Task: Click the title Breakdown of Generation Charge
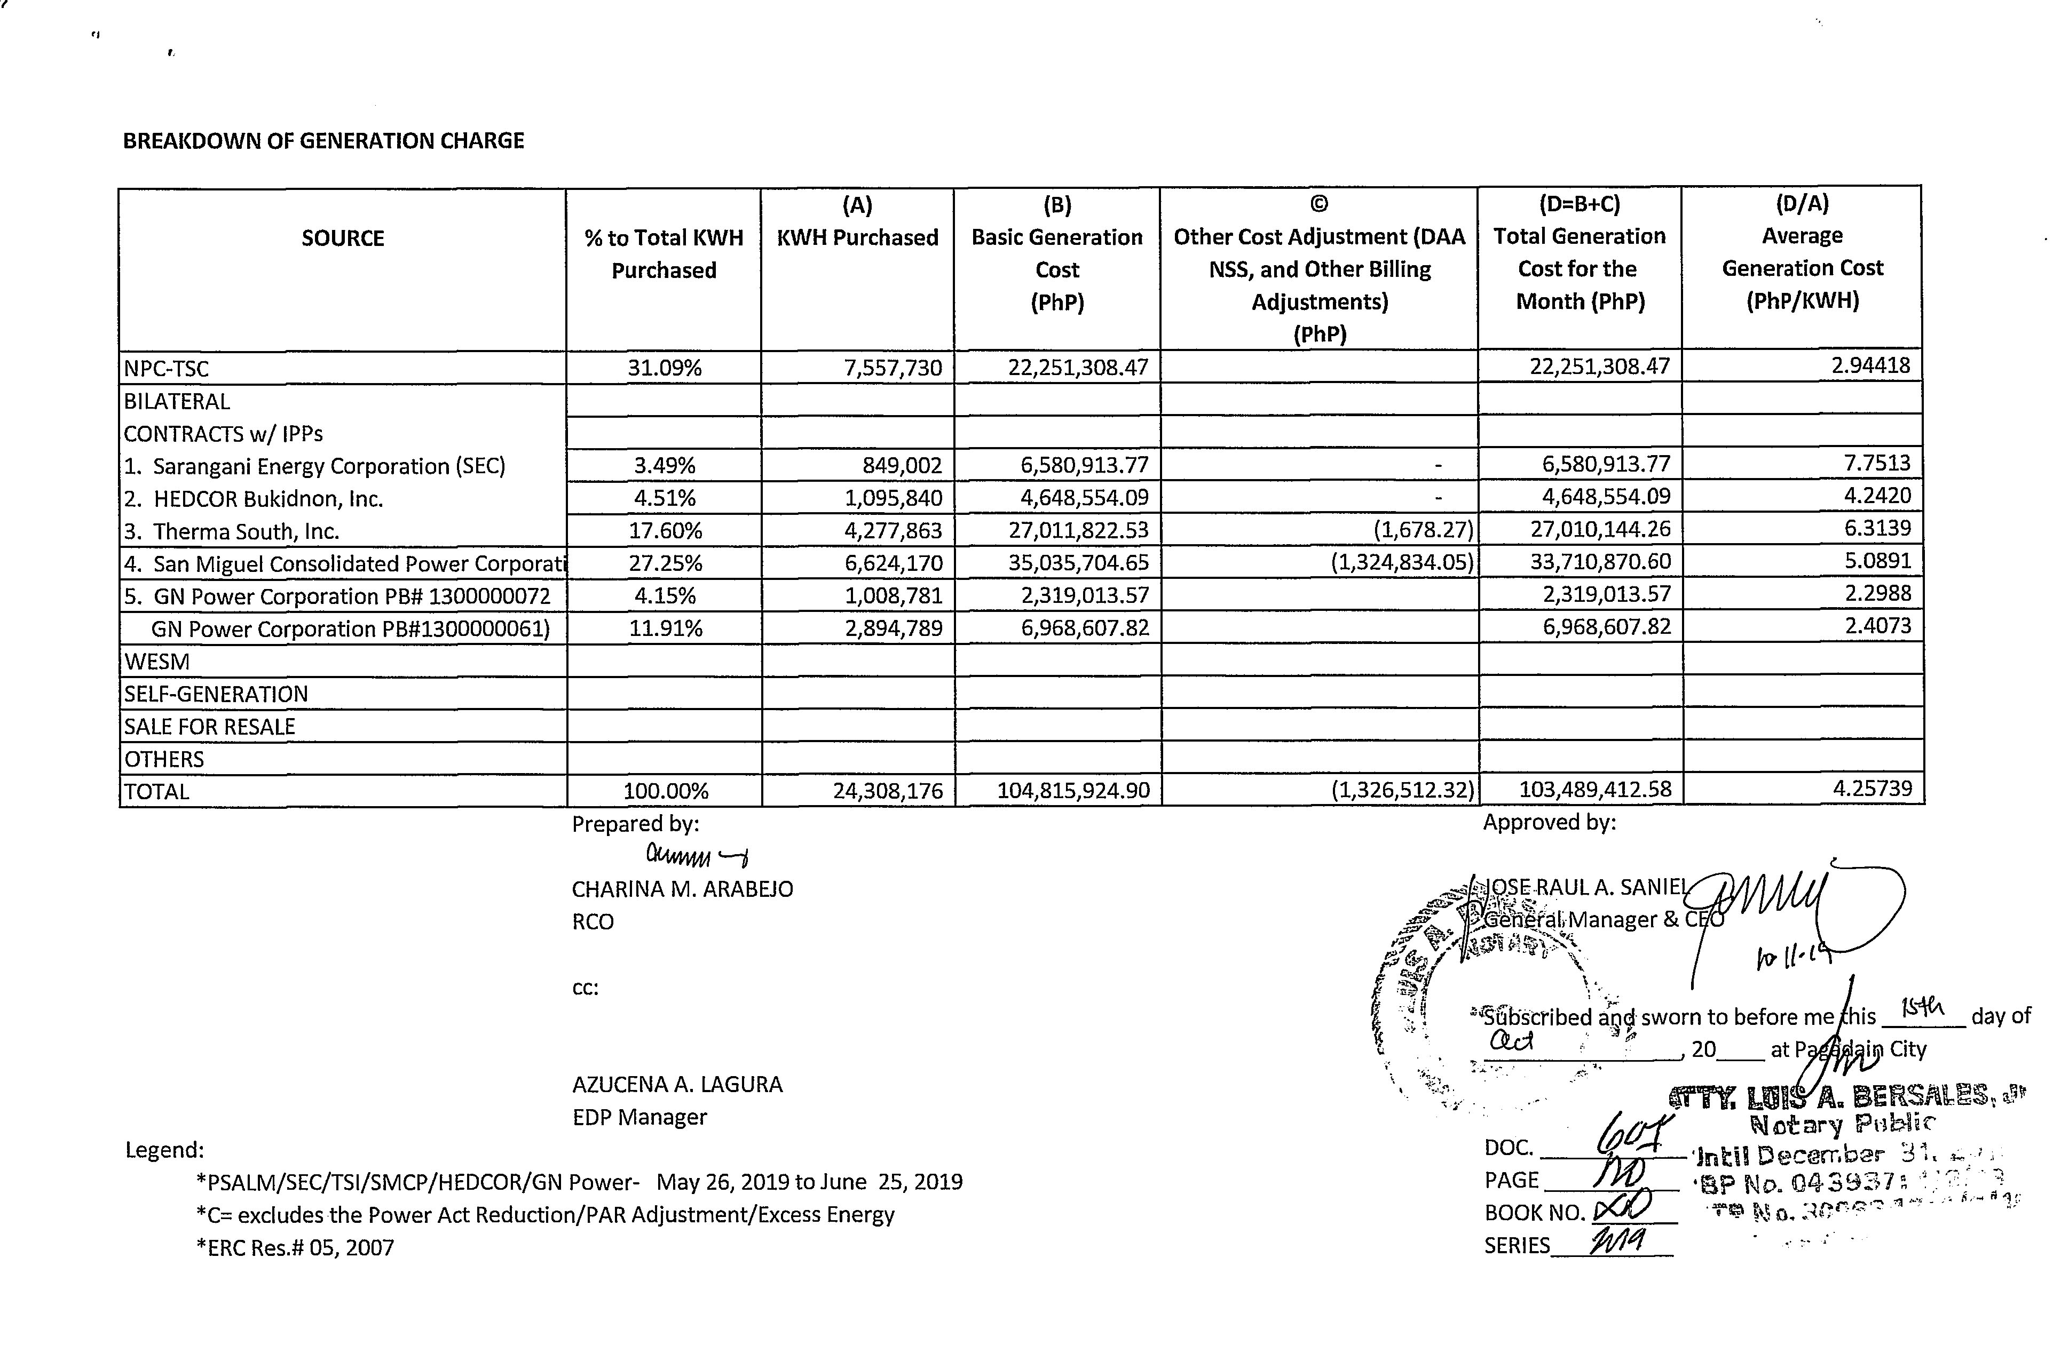tap(323, 141)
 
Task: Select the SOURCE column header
tap(343, 238)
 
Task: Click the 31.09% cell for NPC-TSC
tap(664, 368)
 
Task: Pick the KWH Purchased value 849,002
tap(902, 466)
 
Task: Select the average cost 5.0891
tap(1878, 561)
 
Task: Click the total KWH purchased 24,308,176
tap(888, 791)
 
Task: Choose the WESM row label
tap(157, 661)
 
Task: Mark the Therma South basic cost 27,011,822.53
tap(1078, 530)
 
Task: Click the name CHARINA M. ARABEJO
tap(682, 889)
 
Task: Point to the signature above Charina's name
tap(696, 857)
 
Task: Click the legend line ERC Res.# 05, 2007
tap(296, 1248)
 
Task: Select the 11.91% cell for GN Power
tap(665, 628)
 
